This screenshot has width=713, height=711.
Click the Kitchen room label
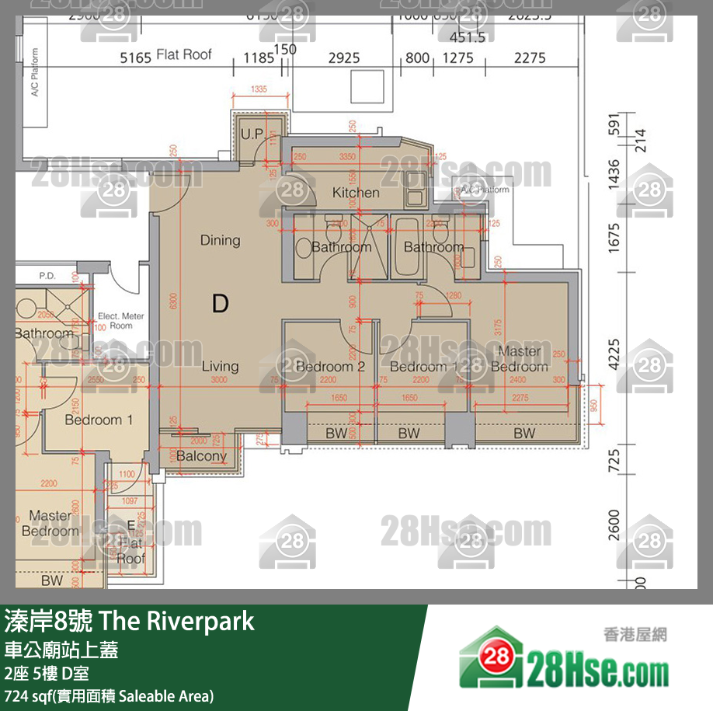click(x=356, y=193)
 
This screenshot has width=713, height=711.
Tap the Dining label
click(x=220, y=240)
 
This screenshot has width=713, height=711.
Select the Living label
click(x=220, y=366)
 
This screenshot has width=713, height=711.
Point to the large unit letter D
click(x=220, y=303)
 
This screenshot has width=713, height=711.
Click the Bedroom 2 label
click(x=330, y=366)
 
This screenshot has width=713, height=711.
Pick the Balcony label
click(x=201, y=456)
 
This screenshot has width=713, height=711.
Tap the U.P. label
click(x=252, y=134)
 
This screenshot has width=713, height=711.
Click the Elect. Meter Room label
click(x=120, y=321)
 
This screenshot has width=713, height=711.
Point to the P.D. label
click(x=47, y=276)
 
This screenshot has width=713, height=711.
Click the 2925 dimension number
click(x=344, y=58)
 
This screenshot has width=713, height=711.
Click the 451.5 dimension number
click(x=467, y=37)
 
